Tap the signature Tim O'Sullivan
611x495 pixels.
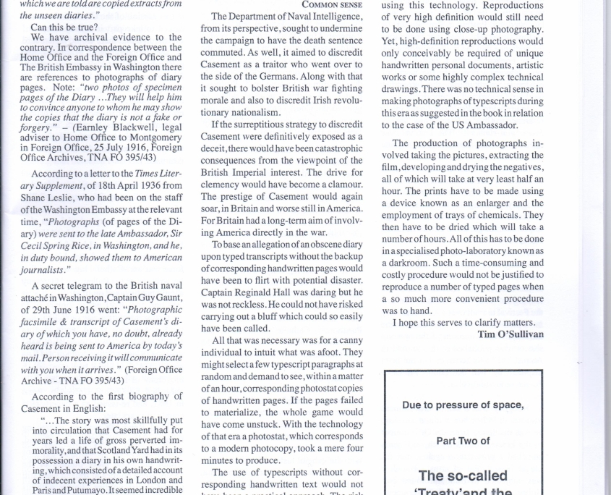click(x=510, y=334)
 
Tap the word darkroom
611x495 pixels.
click(x=411, y=263)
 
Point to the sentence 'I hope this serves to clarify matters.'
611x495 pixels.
click(x=463, y=323)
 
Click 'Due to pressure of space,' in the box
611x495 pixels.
click(x=463, y=405)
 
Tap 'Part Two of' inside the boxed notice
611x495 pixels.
click(x=463, y=440)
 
